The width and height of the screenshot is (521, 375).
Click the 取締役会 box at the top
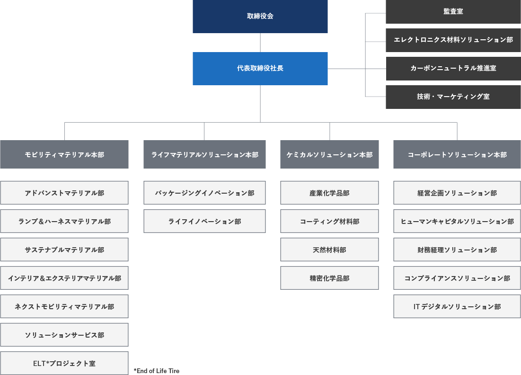(260, 16)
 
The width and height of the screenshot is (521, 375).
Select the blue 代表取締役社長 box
(260, 68)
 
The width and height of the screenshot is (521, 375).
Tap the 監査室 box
(453, 11)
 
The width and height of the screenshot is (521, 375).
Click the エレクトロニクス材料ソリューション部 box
(453, 40)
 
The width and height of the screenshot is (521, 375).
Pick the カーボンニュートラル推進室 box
(453, 68)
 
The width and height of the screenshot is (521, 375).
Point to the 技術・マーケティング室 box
(453, 97)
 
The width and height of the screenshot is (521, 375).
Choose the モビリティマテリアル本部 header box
(64, 154)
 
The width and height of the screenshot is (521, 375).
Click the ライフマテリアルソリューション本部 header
(204, 154)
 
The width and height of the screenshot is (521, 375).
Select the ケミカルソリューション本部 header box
(329, 154)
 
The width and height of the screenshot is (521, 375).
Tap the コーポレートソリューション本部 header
(457, 154)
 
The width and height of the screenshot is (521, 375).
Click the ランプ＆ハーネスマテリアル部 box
(64, 221)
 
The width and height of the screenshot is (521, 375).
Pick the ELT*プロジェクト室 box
(64, 363)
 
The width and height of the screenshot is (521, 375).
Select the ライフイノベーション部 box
(204, 221)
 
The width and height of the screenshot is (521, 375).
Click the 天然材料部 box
(329, 250)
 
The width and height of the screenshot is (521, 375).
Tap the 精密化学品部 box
(329, 278)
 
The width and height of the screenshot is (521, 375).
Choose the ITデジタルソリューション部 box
(457, 306)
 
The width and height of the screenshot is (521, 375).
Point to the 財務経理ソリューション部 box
(457, 250)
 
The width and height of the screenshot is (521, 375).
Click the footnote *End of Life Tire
(157, 371)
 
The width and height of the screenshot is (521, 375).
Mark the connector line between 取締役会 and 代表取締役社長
(260, 43)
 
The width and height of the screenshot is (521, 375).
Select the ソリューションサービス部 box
(64, 335)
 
